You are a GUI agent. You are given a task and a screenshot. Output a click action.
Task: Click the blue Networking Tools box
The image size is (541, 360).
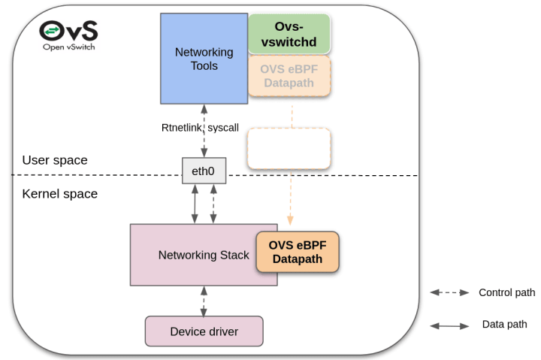[204, 59]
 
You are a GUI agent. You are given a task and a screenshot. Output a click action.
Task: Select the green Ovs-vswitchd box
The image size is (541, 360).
[289, 34]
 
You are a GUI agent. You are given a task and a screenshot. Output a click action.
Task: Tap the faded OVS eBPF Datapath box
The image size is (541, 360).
[289, 76]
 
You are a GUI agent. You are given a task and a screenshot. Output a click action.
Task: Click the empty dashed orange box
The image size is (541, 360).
[289, 149]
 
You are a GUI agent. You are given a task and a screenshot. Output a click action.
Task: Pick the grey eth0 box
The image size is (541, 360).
[204, 171]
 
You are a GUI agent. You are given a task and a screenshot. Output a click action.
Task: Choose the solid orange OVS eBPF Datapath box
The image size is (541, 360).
[298, 252]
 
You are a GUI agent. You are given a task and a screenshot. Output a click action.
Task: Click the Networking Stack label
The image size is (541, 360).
[204, 255]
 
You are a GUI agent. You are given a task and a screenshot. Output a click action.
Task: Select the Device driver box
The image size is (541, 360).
[204, 331]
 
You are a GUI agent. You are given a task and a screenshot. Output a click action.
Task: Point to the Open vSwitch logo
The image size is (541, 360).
[68, 35]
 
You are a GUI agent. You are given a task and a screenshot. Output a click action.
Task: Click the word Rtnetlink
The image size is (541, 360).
[182, 128]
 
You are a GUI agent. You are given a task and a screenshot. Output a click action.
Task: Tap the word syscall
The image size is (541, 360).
[223, 128]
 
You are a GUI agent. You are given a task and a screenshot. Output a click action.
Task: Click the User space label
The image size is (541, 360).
[55, 160]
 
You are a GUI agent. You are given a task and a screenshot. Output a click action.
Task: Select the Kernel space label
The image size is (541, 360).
[59, 194]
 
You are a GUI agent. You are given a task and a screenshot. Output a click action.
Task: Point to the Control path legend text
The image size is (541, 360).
[507, 292]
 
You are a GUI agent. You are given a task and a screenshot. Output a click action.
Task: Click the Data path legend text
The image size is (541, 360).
[504, 325]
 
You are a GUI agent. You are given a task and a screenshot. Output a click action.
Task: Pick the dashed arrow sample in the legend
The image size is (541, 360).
[449, 292]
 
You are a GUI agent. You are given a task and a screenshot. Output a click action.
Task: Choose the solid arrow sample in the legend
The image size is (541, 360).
[449, 326]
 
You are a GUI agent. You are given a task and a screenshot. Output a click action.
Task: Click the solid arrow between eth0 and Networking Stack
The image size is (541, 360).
[195, 204]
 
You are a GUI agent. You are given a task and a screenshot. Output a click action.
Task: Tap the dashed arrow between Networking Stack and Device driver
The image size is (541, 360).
[204, 301]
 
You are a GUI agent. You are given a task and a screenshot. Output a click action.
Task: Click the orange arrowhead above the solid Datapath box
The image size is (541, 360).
[290, 220]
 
